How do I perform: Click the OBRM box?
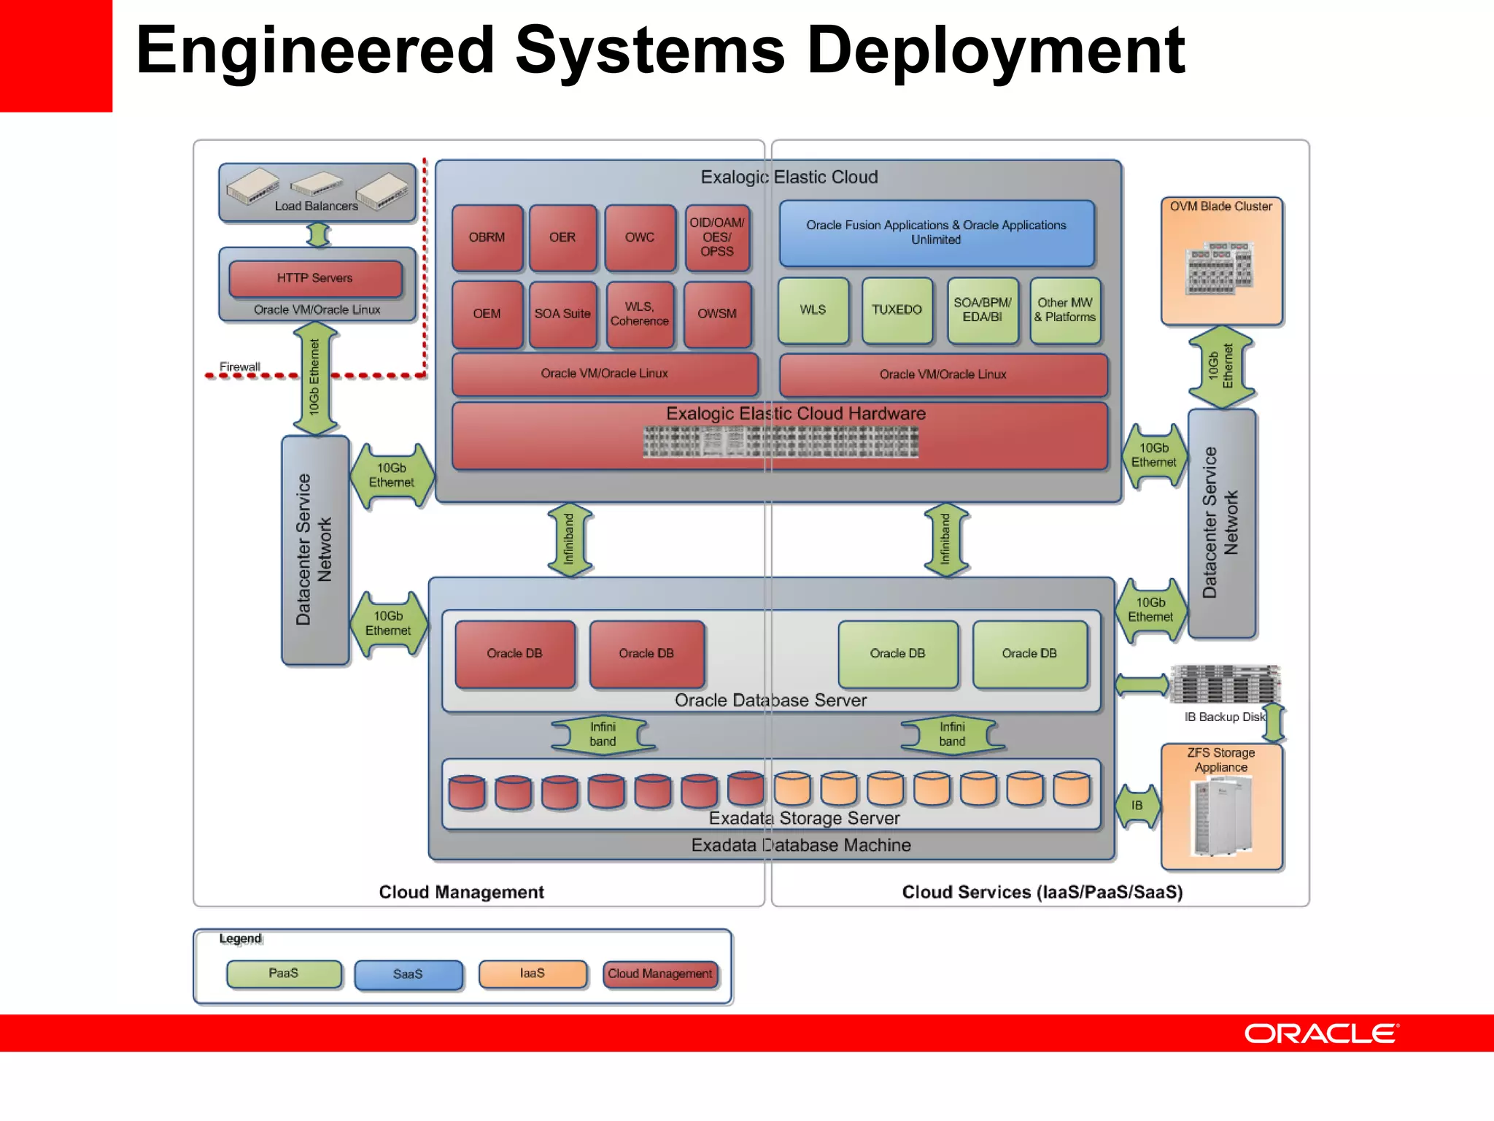pos(487,237)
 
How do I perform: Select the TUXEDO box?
pos(897,309)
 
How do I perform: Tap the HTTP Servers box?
pos(314,278)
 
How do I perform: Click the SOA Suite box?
pos(562,314)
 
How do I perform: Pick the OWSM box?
pos(717,314)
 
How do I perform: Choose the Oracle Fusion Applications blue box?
pos(936,233)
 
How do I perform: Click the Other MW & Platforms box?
pos(1064,309)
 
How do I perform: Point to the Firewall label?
pos(240,366)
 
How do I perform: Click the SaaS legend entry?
pos(408,974)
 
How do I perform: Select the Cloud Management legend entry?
pos(659,974)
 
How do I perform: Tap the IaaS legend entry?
pos(533,973)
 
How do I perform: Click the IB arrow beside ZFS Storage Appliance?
pos(1137,805)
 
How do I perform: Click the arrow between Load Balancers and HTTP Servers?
pos(318,235)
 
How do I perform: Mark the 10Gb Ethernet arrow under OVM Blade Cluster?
pos(1220,366)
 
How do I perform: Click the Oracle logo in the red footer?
pos(1320,1033)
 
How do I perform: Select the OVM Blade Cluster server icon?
pos(1219,268)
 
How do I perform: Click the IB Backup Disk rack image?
pos(1225,685)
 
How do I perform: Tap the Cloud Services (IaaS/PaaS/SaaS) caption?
pos(1042,892)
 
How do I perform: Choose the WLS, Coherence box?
pos(639,314)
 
